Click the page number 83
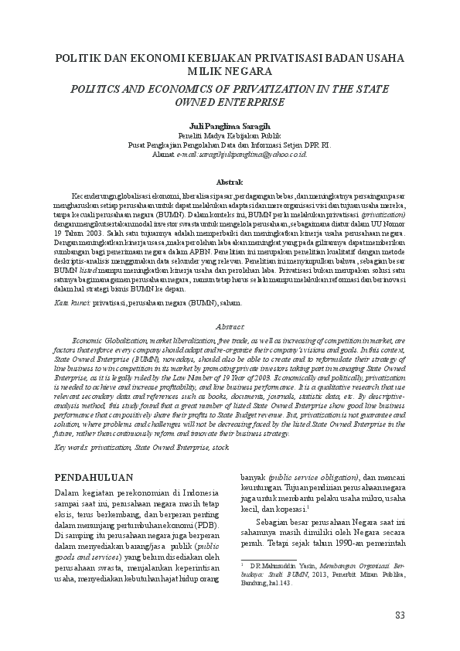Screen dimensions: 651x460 (x=400, y=615)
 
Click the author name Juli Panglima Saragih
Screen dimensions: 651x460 (x=230, y=125)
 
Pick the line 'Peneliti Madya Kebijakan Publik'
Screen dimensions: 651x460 (x=230, y=135)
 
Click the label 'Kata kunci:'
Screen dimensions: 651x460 (x=73, y=304)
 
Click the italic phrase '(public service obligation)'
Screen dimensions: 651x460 (x=317, y=477)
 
